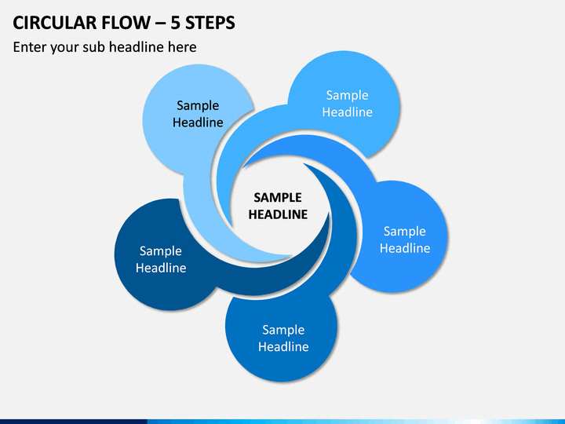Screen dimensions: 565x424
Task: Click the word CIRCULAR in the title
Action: click(54, 23)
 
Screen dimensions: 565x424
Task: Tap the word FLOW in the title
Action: click(126, 23)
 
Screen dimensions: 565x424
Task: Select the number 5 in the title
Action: click(175, 23)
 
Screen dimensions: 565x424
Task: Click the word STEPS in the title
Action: click(210, 23)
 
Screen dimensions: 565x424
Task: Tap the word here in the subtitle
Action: click(182, 47)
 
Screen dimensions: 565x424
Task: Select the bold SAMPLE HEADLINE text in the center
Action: click(278, 206)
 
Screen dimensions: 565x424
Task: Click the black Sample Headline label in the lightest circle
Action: click(198, 114)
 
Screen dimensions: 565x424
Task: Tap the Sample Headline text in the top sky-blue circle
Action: click(348, 104)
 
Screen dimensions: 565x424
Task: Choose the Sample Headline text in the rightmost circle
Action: click(405, 239)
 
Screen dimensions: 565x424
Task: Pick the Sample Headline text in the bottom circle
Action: click(283, 338)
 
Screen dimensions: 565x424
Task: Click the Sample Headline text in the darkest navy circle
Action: click(161, 259)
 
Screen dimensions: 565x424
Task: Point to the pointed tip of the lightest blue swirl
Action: click(292, 257)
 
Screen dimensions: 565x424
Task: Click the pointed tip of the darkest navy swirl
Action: click(329, 214)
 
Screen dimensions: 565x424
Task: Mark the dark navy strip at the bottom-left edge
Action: click(74, 422)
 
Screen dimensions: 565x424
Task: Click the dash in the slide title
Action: click(161, 24)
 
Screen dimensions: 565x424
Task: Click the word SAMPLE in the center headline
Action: click(278, 198)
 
